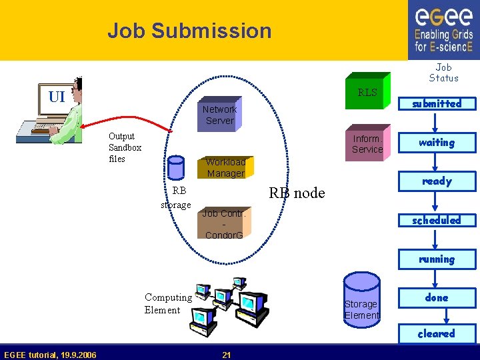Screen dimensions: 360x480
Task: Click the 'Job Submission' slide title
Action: [189, 31]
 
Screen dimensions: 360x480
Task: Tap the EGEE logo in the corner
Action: [443, 30]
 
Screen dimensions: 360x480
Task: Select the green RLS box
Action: [367, 92]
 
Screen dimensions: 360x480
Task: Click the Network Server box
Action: [219, 115]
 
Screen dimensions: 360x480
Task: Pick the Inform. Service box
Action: [367, 144]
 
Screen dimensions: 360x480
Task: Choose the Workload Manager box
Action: [225, 167]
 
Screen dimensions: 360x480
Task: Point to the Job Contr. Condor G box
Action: [224, 224]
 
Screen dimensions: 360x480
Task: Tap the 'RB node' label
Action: [297, 193]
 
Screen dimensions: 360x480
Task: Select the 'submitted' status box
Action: [437, 103]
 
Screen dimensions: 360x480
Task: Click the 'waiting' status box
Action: [437, 142]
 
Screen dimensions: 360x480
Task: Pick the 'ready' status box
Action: [437, 181]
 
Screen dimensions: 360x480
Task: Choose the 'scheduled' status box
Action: [437, 220]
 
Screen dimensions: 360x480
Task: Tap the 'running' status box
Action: [437, 259]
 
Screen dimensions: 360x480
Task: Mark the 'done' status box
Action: [437, 298]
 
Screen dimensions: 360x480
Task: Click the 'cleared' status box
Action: [437, 333]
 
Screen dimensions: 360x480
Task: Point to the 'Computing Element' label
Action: [168, 303]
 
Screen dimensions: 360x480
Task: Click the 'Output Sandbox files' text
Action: [125, 147]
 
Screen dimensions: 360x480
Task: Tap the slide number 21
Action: [227, 355]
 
